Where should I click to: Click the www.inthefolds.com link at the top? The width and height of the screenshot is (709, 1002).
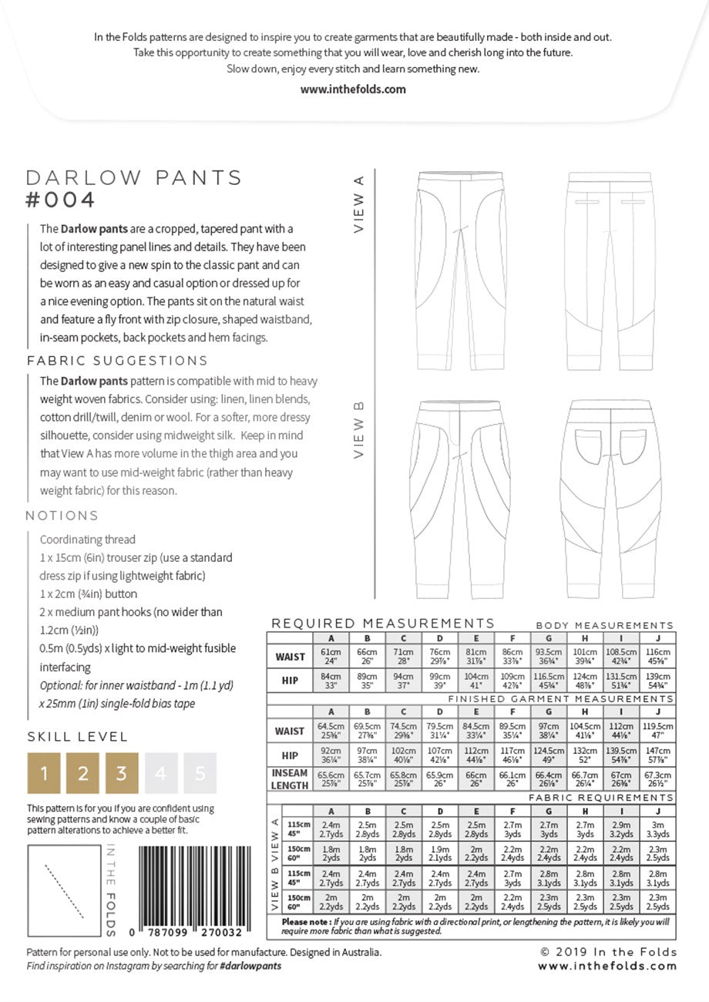point(353,89)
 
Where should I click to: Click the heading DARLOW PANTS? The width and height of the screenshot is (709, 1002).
point(134,178)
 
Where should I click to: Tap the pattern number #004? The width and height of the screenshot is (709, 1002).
point(61,200)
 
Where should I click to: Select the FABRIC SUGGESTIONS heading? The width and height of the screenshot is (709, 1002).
point(117,361)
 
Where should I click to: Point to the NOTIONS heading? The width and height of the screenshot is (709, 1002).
point(62,516)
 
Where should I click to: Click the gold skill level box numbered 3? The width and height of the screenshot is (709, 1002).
point(122,773)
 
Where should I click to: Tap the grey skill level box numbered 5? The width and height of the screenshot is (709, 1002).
point(200,773)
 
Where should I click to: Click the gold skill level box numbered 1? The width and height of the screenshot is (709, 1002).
point(44,773)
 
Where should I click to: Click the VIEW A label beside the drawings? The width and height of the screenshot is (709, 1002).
point(358,203)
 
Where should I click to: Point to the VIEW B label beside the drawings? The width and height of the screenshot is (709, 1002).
point(358,430)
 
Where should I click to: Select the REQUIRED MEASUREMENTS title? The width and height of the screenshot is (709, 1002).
point(383,624)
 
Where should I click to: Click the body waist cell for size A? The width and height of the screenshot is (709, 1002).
point(331,657)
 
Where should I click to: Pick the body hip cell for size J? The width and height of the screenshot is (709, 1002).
point(657,681)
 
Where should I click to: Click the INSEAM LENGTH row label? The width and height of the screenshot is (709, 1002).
point(290,779)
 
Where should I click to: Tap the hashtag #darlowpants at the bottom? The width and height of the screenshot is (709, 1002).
point(250,966)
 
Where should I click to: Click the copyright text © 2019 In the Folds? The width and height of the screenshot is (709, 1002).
point(608,952)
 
